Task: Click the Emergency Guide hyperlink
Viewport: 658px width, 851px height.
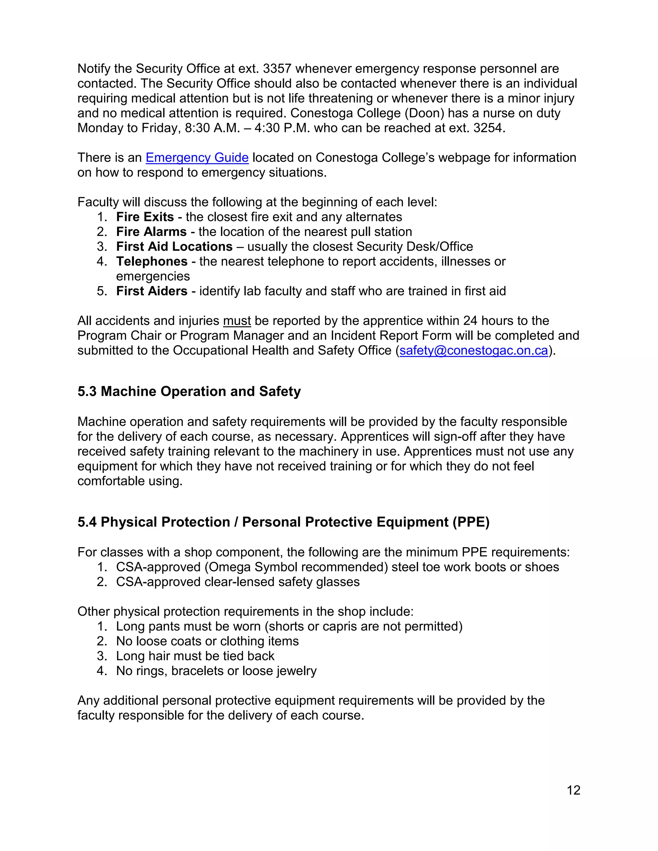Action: (197, 158)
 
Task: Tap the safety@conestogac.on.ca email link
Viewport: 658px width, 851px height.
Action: (474, 351)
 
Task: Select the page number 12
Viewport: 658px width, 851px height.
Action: (574, 790)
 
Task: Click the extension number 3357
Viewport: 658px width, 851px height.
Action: (277, 69)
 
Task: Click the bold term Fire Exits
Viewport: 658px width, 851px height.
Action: (145, 217)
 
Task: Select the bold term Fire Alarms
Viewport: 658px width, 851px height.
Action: (151, 232)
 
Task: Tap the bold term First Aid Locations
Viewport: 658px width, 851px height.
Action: (174, 247)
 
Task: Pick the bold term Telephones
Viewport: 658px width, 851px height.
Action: (152, 261)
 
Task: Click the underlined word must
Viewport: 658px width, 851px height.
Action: (236, 321)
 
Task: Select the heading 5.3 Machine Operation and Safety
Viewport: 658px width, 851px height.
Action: (189, 391)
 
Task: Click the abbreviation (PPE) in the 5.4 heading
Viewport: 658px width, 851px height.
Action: (471, 522)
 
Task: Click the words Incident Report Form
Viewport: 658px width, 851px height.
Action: (391, 336)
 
